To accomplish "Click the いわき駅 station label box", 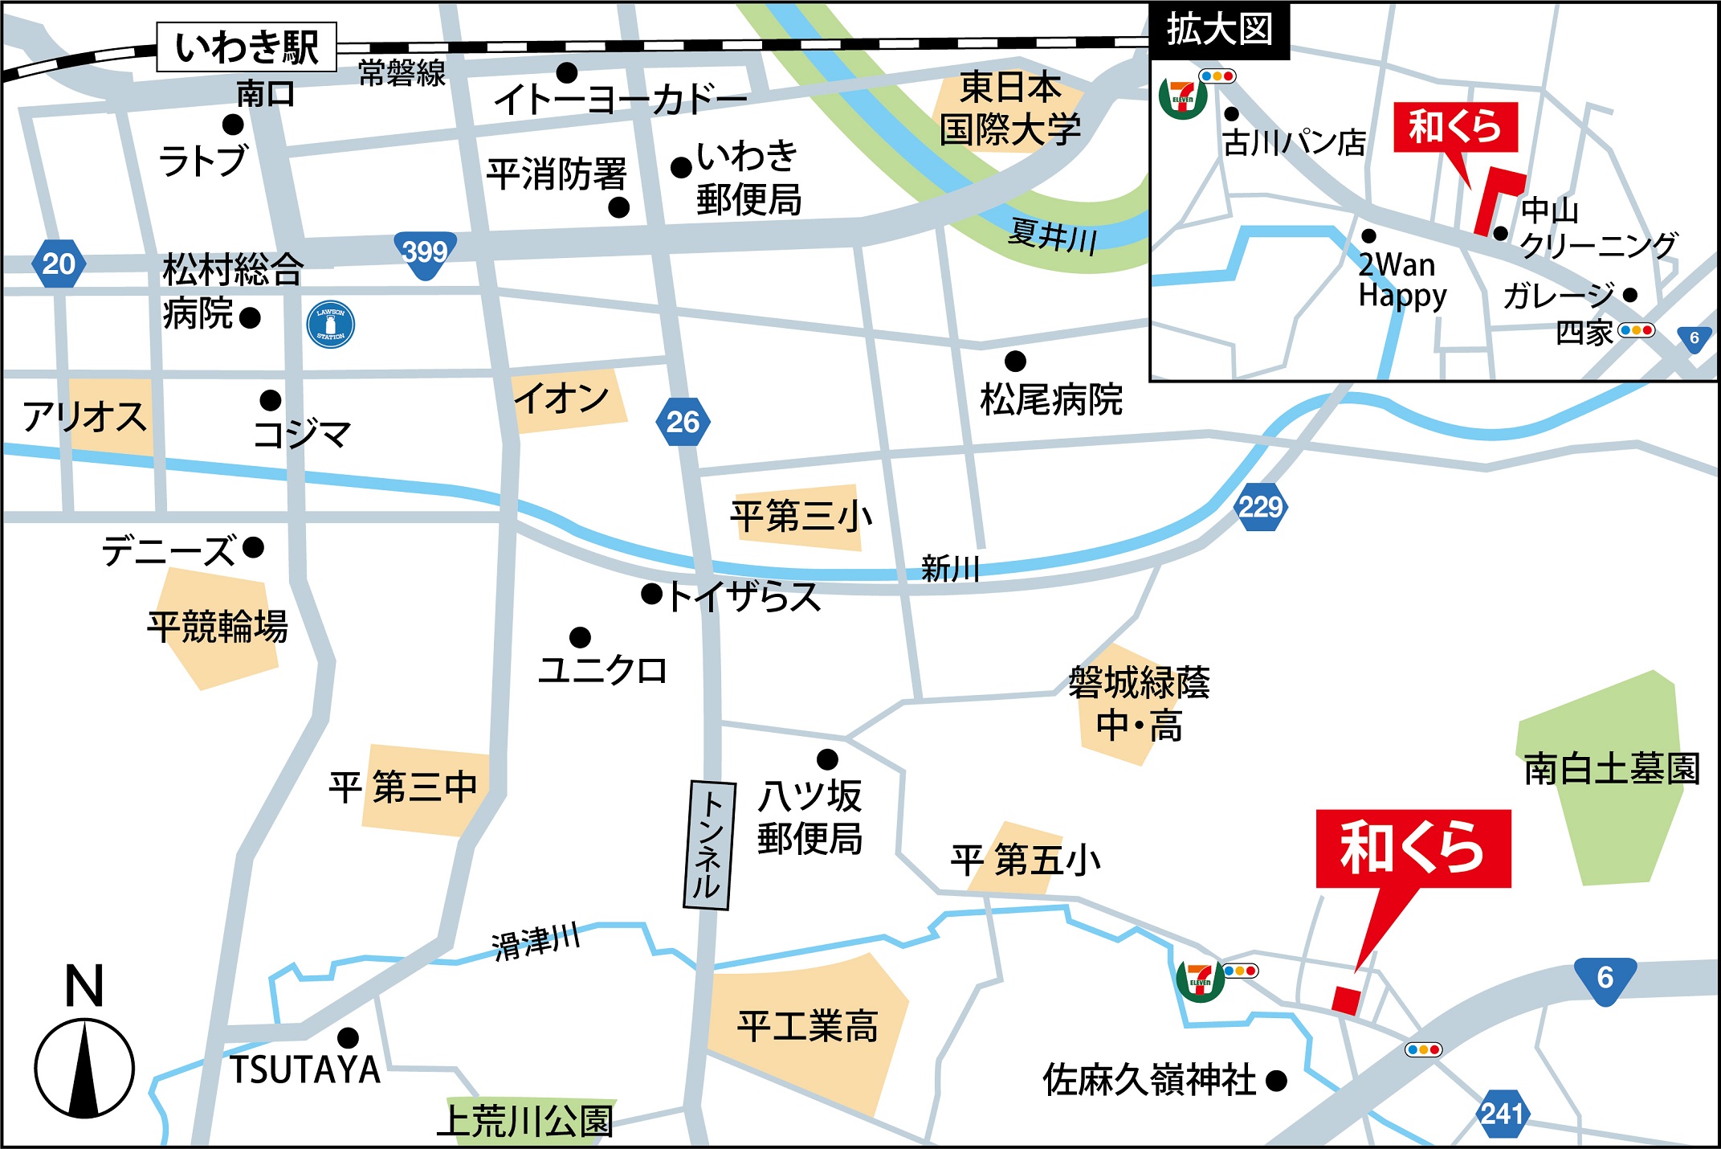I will click(x=247, y=47).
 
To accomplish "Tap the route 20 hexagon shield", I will click(x=59, y=264).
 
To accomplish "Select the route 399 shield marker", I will click(x=425, y=253).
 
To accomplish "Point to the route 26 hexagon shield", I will click(x=683, y=422).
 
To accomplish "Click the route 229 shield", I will click(x=1260, y=507).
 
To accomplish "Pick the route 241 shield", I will click(x=1502, y=1114).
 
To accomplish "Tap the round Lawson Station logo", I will click(x=331, y=325).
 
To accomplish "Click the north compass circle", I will click(x=84, y=1068).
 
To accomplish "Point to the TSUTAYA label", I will click(x=304, y=1070).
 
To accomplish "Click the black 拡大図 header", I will click(x=1219, y=31).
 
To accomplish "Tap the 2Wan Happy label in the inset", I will click(x=1401, y=280).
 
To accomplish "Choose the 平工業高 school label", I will click(x=807, y=1026).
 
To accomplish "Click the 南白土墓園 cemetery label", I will click(x=1611, y=768).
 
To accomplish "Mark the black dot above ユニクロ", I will click(x=580, y=638).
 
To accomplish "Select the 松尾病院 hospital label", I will click(x=1050, y=399).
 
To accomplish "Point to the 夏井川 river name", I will click(x=1053, y=237).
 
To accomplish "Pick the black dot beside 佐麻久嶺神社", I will click(x=1276, y=1081).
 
